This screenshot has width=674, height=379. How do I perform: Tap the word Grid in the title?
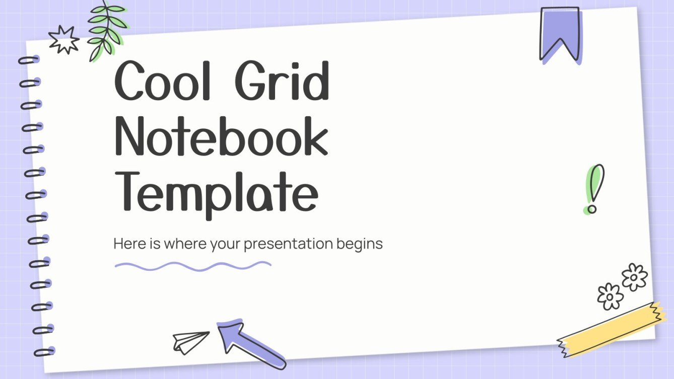[282, 81]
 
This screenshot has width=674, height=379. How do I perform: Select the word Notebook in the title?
[222, 135]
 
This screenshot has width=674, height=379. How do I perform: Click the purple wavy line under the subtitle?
[193, 265]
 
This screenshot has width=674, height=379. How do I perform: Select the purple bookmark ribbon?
[560, 33]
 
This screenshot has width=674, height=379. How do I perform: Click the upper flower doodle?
[634, 276]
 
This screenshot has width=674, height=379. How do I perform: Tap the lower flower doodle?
[610, 296]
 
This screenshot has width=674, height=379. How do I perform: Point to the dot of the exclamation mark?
[592, 207]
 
